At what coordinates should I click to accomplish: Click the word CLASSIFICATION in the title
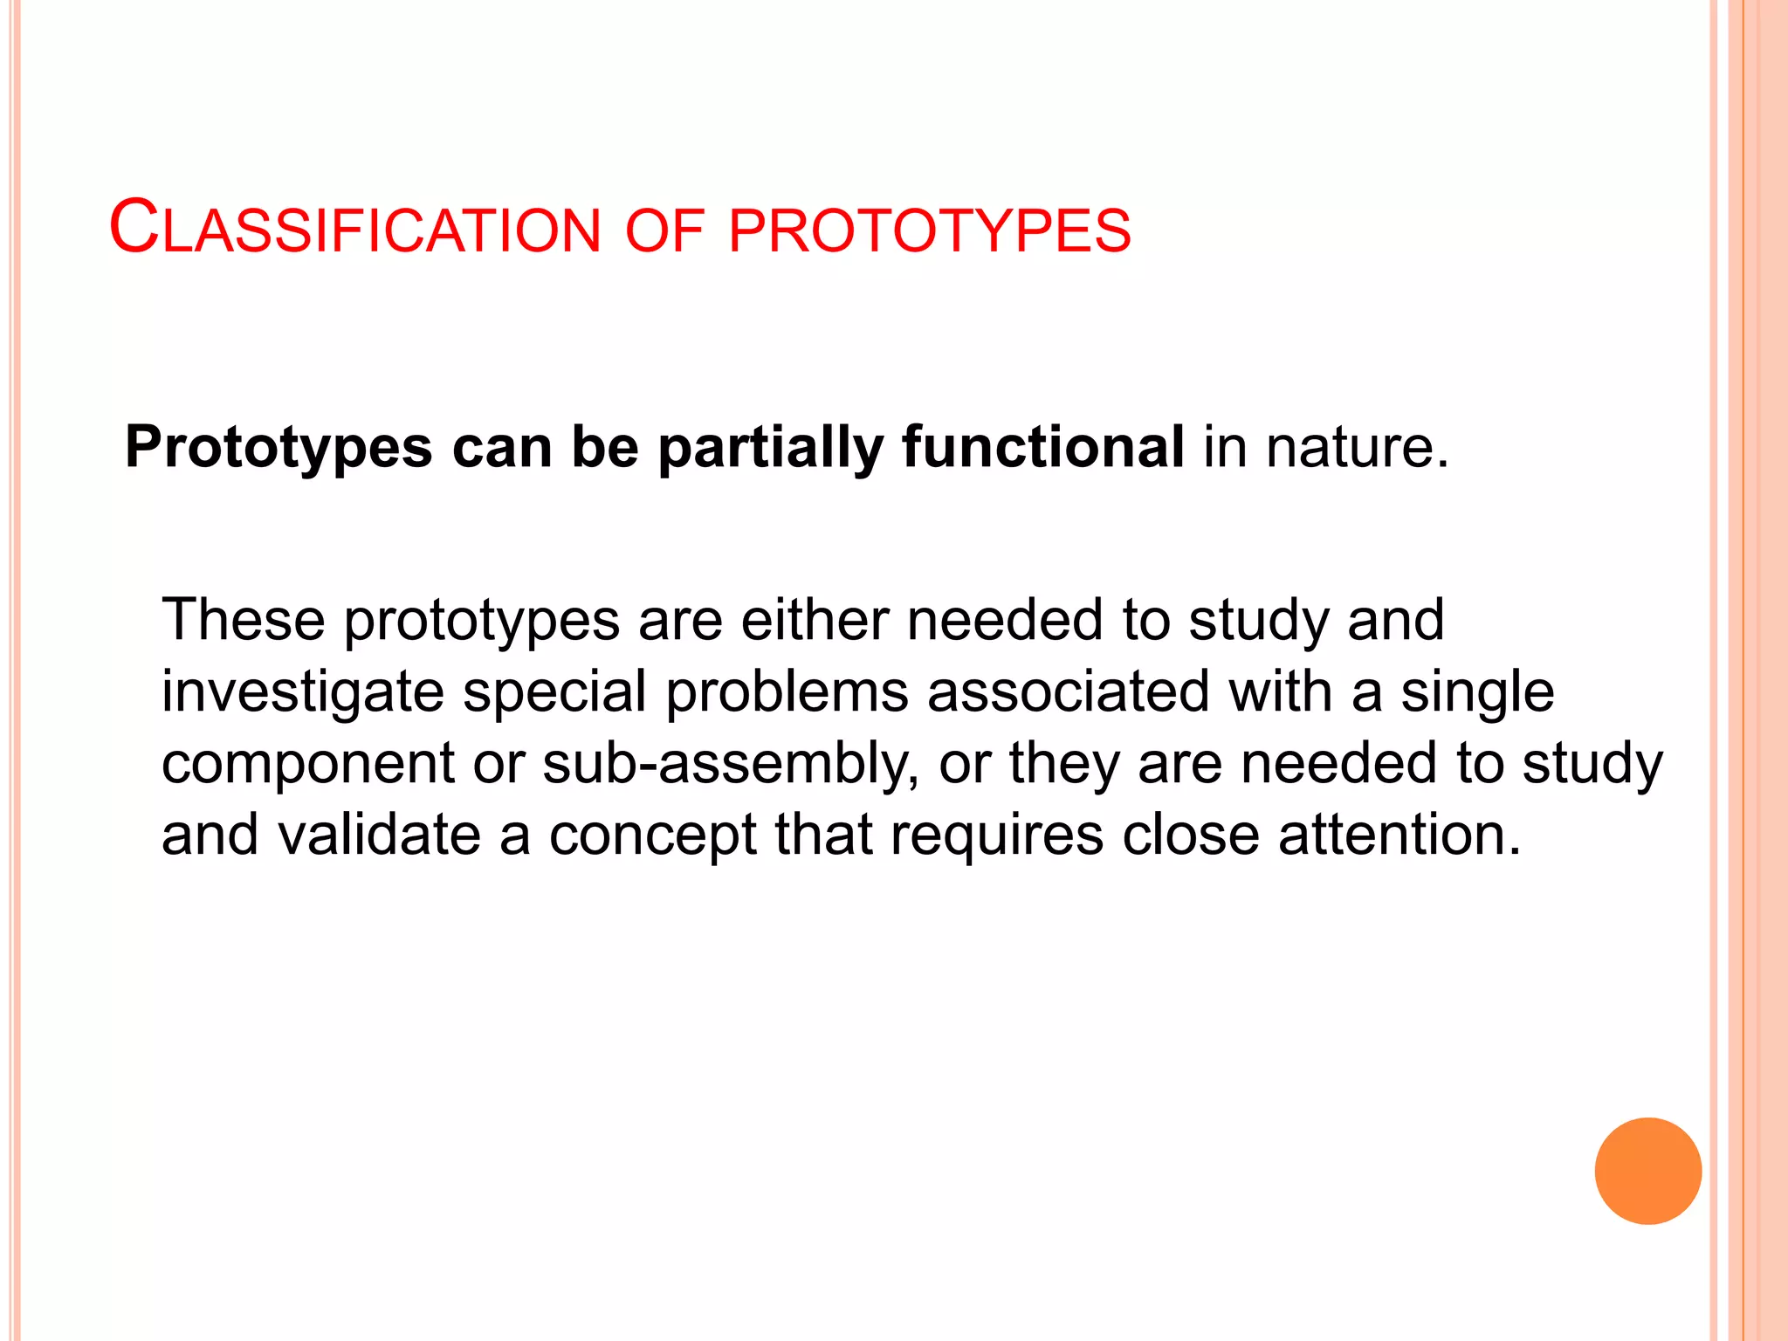pyautogui.click(x=355, y=229)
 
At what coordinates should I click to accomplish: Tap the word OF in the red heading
pyautogui.click(x=664, y=231)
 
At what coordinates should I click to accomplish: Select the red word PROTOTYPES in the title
pyautogui.click(x=929, y=231)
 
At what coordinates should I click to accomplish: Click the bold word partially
pyautogui.click(x=771, y=448)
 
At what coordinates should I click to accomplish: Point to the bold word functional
pyautogui.click(x=1043, y=446)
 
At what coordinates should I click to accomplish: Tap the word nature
pyautogui.click(x=1357, y=447)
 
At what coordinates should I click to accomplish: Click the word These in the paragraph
pyautogui.click(x=244, y=620)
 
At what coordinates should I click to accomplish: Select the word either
pyautogui.click(x=815, y=620)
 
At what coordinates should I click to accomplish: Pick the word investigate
pyautogui.click(x=303, y=692)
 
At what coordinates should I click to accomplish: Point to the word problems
pyautogui.click(x=787, y=692)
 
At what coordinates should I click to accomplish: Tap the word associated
pyautogui.click(x=1069, y=691)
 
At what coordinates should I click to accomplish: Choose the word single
pyautogui.click(x=1477, y=692)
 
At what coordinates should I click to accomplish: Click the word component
pyautogui.click(x=308, y=764)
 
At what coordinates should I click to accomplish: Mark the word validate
pyautogui.click(x=380, y=835)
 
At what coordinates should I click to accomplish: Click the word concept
pyautogui.click(x=652, y=836)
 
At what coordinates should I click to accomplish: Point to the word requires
pyautogui.click(x=997, y=836)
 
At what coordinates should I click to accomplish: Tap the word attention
pyautogui.click(x=1399, y=835)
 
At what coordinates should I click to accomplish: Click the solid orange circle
pyautogui.click(x=1647, y=1171)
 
